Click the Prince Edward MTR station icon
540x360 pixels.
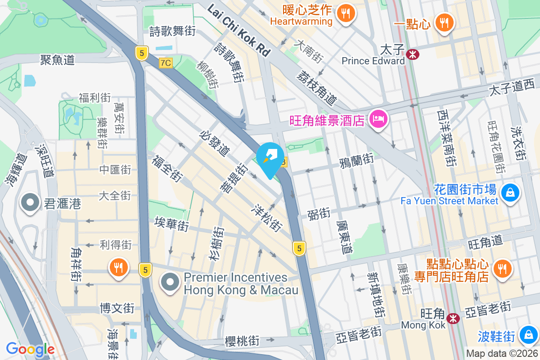[x=412, y=54]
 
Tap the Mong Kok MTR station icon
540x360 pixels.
[x=453, y=318]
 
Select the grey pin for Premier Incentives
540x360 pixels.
[x=170, y=282]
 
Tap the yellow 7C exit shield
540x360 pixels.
[x=166, y=63]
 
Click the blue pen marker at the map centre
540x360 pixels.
[x=270, y=159]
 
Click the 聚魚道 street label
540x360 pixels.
[x=57, y=59]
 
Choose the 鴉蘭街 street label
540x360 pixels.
[x=356, y=159]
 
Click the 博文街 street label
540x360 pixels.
[x=117, y=308]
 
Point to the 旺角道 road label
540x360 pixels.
[x=485, y=242]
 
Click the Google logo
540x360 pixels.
[x=30, y=349]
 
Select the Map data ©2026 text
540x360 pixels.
[x=501, y=354]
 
